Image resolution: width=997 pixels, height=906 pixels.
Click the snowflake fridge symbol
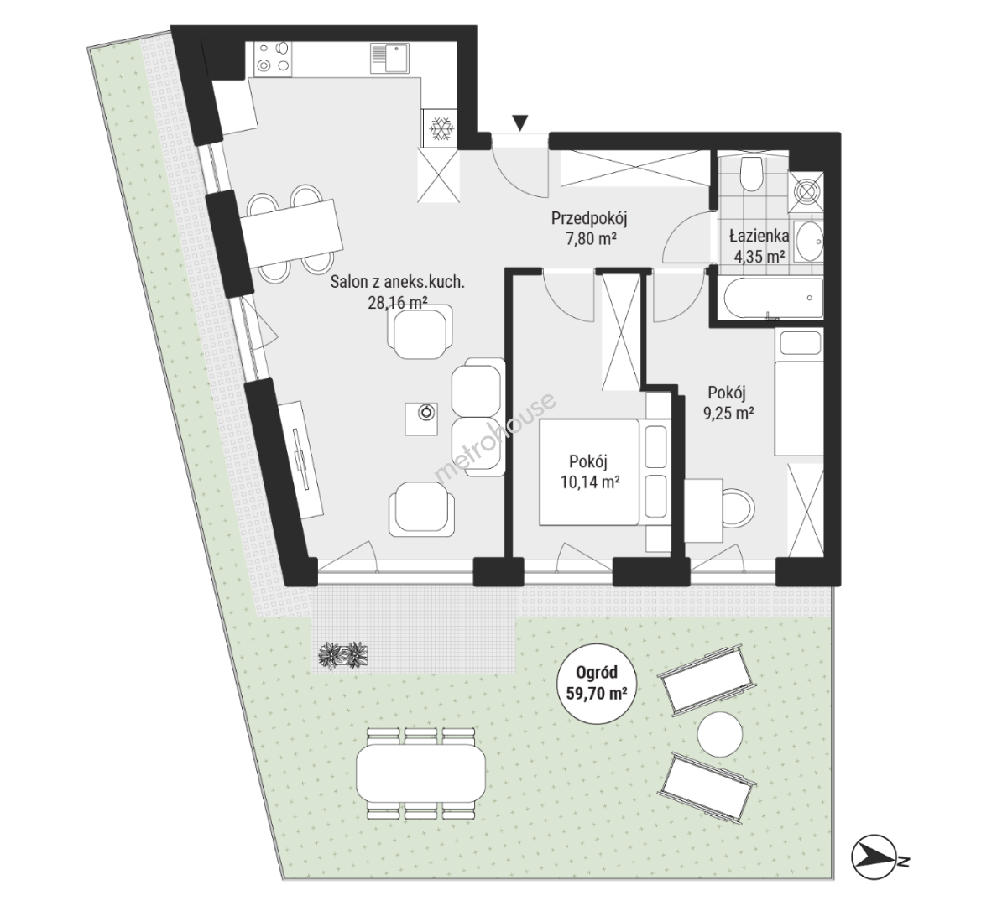(x=441, y=128)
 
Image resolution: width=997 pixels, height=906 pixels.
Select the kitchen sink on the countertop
(x=387, y=58)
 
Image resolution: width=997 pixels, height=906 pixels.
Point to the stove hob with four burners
(x=273, y=57)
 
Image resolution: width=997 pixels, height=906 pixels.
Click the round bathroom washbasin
(x=809, y=242)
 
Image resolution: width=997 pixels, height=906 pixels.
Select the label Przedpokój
(x=589, y=219)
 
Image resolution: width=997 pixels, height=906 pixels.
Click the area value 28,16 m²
(x=398, y=303)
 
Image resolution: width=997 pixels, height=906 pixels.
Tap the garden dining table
(x=421, y=773)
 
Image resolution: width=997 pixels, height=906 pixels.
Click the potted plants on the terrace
(x=344, y=655)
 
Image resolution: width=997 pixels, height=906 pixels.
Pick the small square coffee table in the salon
(x=421, y=419)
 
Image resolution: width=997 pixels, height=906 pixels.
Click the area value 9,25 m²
(x=728, y=414)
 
